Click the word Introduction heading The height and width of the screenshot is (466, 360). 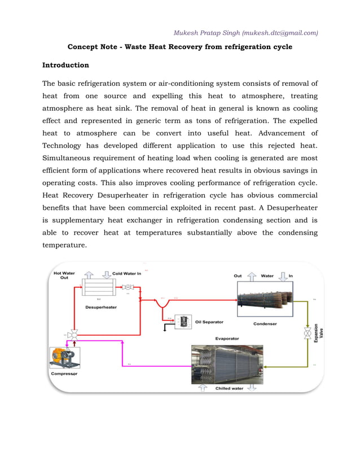click(x=66, y=65)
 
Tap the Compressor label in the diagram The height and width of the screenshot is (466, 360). click(x=64, y=373)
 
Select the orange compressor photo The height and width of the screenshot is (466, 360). click(x=64, y=358)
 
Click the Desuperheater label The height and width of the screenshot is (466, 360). click(x=102, y=307)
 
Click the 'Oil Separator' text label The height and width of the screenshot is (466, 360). click(x=209, y=322)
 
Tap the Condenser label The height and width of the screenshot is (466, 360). click(x=265, y=324)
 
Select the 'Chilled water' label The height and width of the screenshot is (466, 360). click(x=230, y=388)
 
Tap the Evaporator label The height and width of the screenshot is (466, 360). click(x=227, y=338)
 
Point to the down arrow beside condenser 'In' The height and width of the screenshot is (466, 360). click(x=283, y=276)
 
